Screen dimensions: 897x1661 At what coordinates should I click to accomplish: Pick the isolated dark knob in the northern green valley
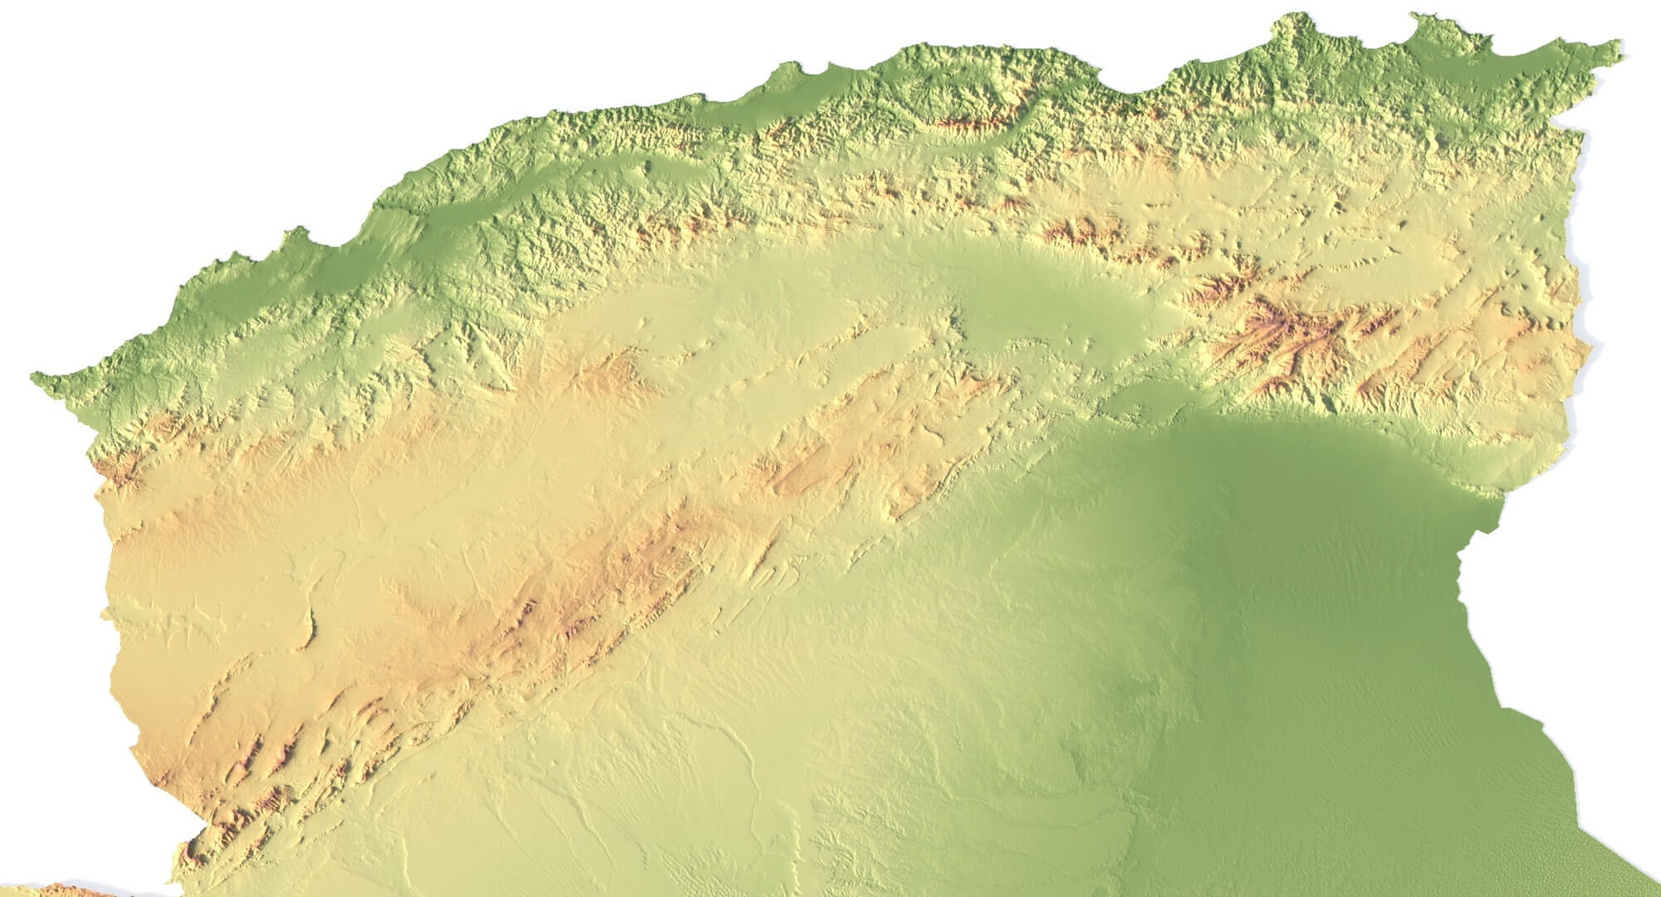(x=649, y=167)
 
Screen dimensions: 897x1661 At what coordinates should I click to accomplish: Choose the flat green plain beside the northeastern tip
(x=1545, y=75)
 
